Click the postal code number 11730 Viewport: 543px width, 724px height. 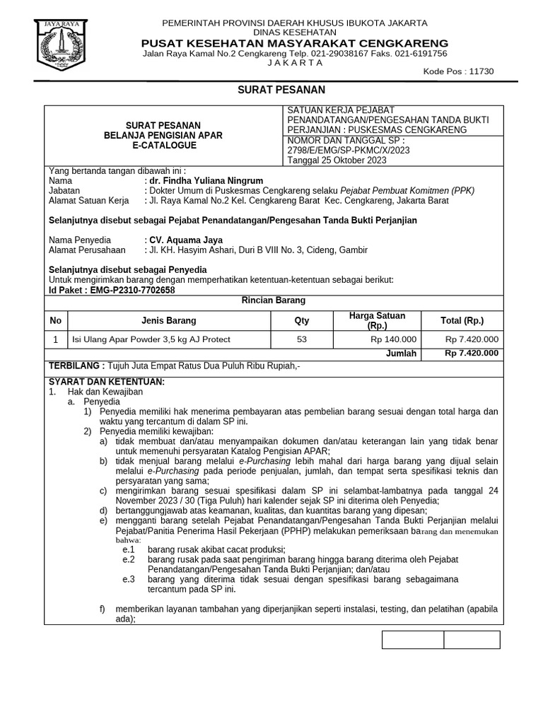[481, 71]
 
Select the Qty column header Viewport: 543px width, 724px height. [302, 320]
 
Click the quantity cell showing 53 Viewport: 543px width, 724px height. [302, 339]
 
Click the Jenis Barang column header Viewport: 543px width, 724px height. [169, 320]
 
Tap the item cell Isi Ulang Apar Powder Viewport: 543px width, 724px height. [152, 339]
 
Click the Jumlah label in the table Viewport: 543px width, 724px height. [401, 354]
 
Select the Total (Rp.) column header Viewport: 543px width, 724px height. [462, 320]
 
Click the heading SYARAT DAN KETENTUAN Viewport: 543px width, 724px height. [105, 382]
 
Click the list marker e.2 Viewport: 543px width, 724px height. [128, 559]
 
